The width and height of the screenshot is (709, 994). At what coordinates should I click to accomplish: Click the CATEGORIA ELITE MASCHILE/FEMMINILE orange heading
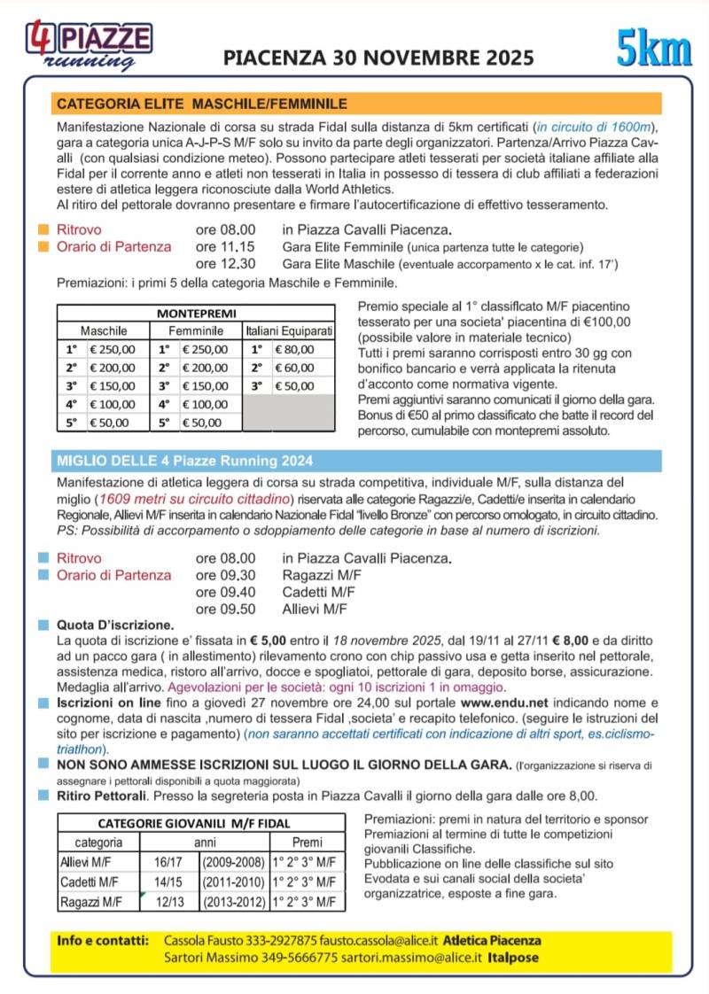[202, 103]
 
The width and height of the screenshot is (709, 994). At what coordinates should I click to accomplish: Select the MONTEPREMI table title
[195, 314]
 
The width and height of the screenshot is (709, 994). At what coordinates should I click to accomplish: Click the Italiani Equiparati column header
[290, 330]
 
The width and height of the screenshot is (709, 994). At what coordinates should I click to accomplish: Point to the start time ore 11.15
[225, 247]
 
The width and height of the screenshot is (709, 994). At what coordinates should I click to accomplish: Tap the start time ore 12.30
[225, 264]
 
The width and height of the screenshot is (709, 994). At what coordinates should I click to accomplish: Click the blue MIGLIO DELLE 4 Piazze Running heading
[184, 461]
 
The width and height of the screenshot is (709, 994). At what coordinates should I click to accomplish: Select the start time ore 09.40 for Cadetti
[225, 592]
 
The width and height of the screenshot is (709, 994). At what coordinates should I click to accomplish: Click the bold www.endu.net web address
[503, 703]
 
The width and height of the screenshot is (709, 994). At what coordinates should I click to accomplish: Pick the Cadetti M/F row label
[90, 882]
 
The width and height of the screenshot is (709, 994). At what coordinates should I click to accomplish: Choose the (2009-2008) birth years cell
[233, 862]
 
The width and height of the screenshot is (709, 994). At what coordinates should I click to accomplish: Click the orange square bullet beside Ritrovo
[43, 230]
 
